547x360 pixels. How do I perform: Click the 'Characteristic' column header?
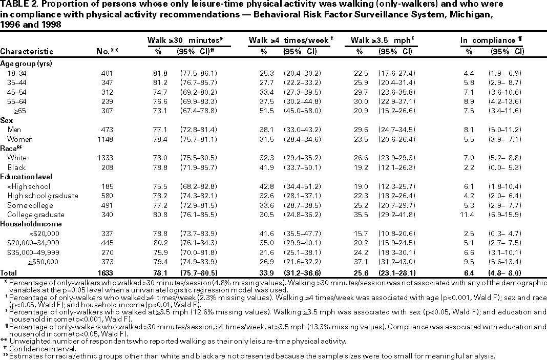(x=27, y=51)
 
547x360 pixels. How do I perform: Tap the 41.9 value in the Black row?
(x=266, y=167)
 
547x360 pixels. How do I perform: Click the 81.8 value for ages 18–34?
(x=163, y=73)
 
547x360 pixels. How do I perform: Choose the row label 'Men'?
(x=14, y=130)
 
